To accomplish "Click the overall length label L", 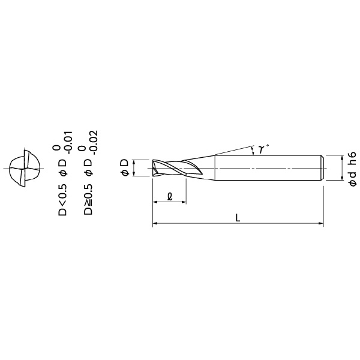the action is pos(238,218).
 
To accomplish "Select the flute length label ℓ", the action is pos(170,197).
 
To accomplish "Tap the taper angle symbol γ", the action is pos(261,149).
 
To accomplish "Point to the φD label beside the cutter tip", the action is pos(125,168).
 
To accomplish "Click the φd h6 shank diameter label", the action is pos(352,169).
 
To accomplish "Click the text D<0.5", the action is pos(62,200).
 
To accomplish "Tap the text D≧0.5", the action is pos(88,199).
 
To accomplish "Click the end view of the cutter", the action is pos(24,169).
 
